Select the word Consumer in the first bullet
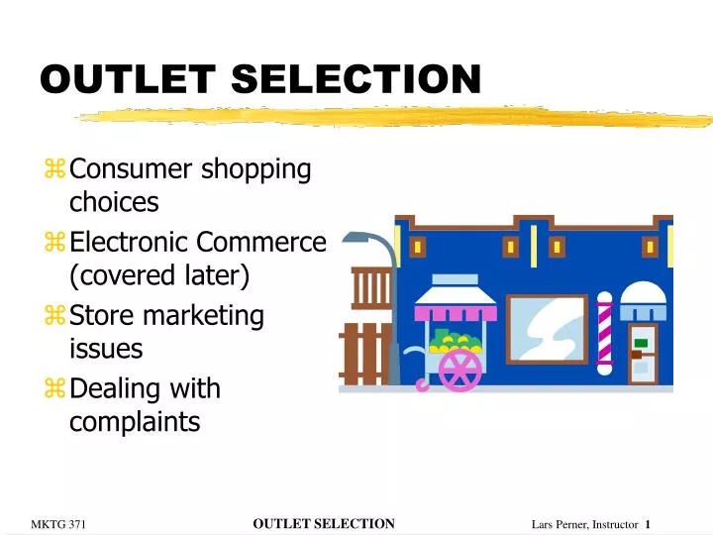click(132, 169)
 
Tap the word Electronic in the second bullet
click(130, 243)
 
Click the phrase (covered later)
click(159, 275)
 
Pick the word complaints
click(135, 422)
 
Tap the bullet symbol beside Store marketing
click(54, 317)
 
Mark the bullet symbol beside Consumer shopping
click(54, 170)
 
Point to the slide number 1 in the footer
click(648, 524)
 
